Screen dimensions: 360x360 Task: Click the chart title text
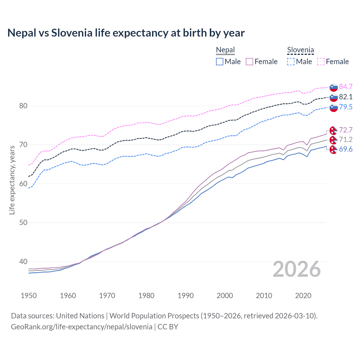[x=126, y=33]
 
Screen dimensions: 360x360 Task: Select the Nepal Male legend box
[x=220, y=62]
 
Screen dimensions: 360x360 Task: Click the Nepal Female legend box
[x=249, y=62]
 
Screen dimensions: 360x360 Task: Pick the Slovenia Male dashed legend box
[x=291, y=62]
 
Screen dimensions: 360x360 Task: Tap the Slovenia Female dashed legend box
[x=321, y=62]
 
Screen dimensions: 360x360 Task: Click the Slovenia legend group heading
[x=300, y=50]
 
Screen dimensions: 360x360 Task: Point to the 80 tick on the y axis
[x=23, y=106]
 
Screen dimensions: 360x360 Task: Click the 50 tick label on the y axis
[x=23, y=223]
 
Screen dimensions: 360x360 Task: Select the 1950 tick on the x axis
[x=29, y=296]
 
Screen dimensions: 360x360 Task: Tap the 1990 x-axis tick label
[x=186, y=296]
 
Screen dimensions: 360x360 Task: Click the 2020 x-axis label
[x=303, y=296]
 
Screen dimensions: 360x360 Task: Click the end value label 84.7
[x=346, y=87]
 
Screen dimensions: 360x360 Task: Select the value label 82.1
[x=346, y=97]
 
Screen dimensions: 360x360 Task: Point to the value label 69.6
[x=346, y=149]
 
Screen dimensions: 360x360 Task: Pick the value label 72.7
[x=346, y=130]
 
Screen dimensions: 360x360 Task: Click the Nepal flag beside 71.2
[x=333, y=140]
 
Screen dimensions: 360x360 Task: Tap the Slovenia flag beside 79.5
[x=334, y=107]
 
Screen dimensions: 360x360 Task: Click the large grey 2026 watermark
[x=297, y=269]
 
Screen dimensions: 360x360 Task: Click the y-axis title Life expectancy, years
[x=12, y=180]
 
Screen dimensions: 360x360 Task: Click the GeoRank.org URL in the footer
[x=82, y=327]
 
